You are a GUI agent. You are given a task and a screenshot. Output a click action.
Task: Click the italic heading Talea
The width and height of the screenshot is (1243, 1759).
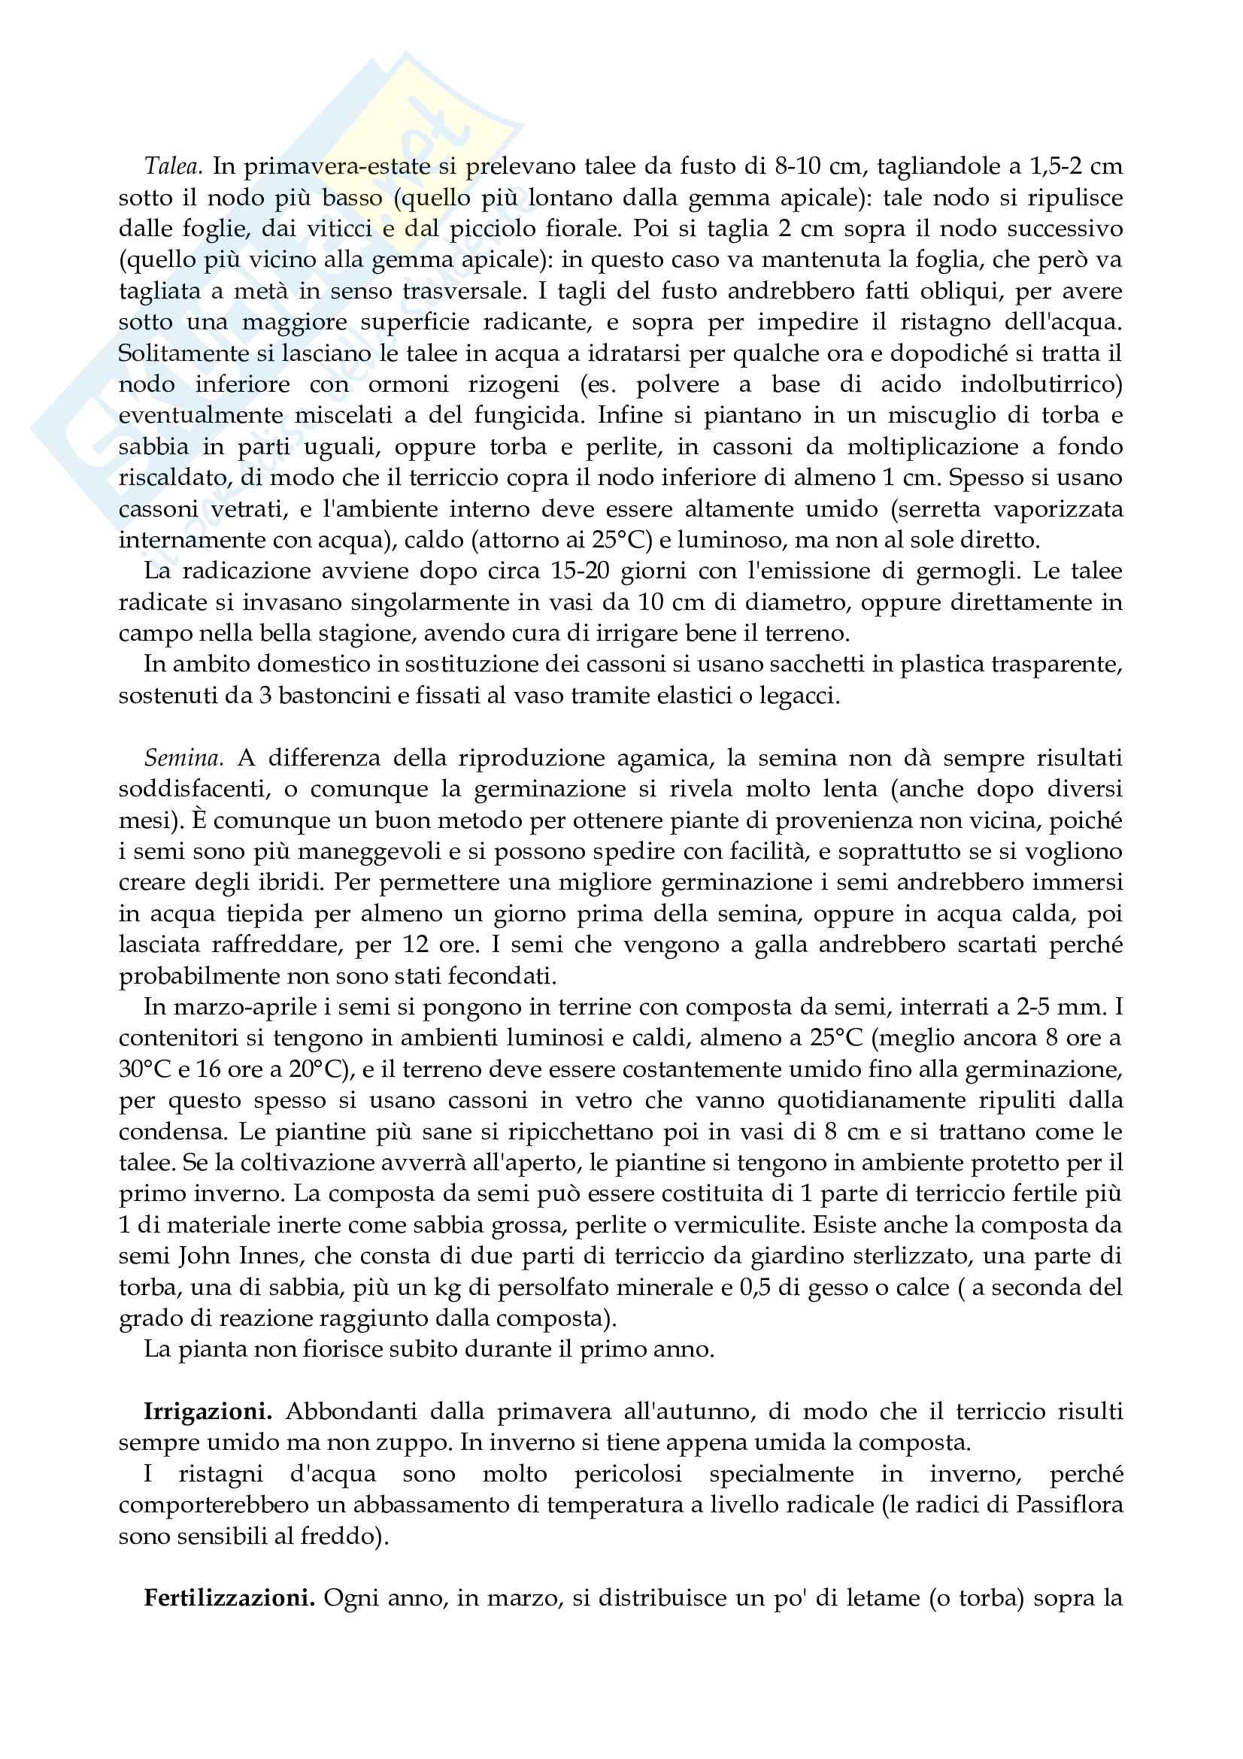173,166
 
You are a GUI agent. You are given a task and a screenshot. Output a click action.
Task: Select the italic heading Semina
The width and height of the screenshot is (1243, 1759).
183,758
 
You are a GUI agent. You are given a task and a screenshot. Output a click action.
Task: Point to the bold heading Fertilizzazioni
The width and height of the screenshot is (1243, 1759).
229,1598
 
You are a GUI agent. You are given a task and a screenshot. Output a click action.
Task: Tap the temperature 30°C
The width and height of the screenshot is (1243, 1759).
144,1069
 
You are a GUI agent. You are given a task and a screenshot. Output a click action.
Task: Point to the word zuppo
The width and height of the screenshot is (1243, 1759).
421,1442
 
